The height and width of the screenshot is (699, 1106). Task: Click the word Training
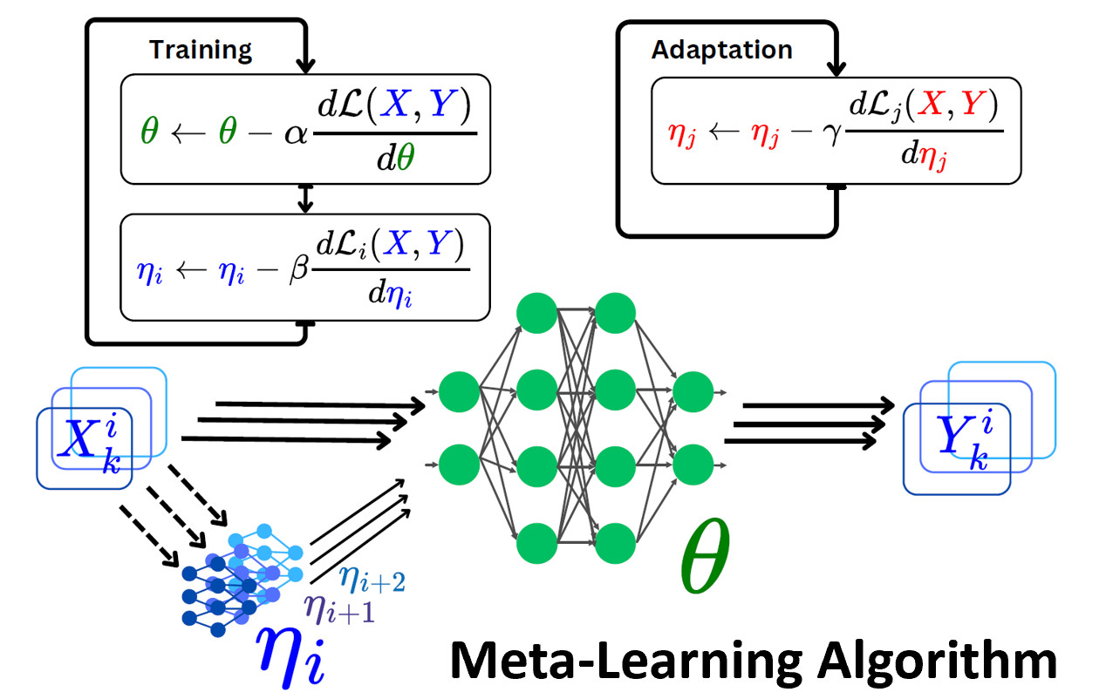pyautogui.click(x=200, y=50)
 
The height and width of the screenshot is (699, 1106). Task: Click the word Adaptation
pyautogui.click(x=721, y=50)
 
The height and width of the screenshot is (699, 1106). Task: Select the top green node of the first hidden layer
pyautogui.click(x=536, y=313)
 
